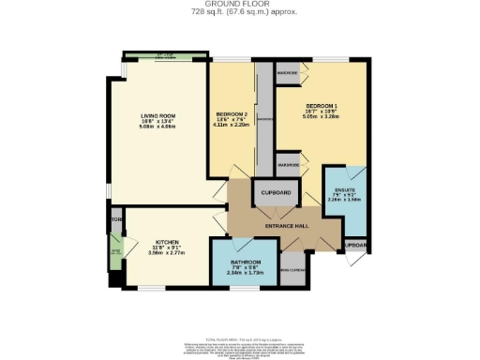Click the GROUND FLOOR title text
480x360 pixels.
pyautogui.click(x=240, y=4)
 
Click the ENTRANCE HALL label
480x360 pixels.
pyautogui.click(x=288, y=226)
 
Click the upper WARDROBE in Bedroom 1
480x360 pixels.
pyautogui.click(x=289, y=73)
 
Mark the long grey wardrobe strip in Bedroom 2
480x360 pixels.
pyautogui.click(x=265, y=120)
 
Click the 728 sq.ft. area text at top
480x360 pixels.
pyautogui.click(x=240, y=13)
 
